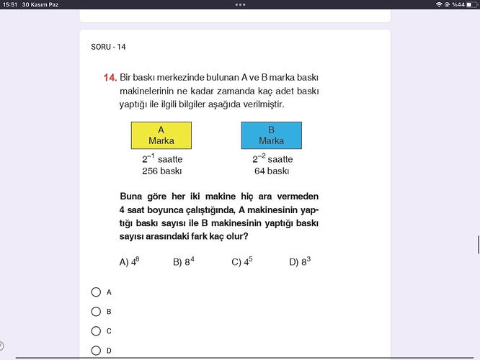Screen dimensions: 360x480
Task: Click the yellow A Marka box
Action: (x=161, y=135)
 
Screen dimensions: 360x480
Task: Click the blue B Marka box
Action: (x=271, y=135)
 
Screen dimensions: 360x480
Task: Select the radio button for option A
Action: (x=96, y=292)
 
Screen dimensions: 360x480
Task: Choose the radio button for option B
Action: (x=96, y=312)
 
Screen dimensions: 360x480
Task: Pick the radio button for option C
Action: (x=96, y=331)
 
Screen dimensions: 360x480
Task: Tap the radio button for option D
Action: (x=96, y=351)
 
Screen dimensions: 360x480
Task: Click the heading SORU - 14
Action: (x=109, y=47)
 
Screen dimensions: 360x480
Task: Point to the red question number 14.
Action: (x=110, y=76)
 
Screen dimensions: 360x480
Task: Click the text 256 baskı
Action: (x=161, y=171)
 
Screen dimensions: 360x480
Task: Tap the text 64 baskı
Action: (x=272, y=171)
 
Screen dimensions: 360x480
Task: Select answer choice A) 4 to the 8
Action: (x=129, y=262)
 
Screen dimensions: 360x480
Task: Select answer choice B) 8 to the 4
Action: (x=184, y=262)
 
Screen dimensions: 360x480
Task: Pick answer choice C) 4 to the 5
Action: (x=241, y=262)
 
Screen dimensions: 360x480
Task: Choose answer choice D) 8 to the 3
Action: (x=299, y=262)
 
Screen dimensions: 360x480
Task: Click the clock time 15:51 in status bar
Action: (x=10, y=4)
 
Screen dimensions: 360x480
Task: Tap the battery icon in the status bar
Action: (x=471, y=4)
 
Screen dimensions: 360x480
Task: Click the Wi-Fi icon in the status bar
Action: (x=439, y=4)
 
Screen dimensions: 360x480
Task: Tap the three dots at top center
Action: (x=240, y=4)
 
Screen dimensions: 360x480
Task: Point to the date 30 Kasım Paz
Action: (x=40, y=4)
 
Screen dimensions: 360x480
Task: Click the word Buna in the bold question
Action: (x=131, y=197)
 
